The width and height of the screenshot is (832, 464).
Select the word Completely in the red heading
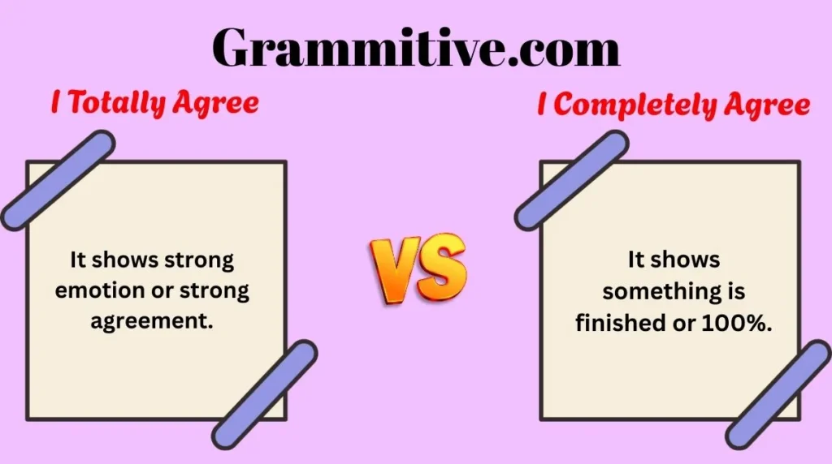[630, 105]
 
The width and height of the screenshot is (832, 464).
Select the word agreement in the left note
[152, 320]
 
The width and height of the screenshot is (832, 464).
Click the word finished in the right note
[617, 321]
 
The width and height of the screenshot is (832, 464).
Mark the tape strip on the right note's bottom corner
[778, 395]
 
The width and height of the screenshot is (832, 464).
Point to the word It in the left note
[78, 260]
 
